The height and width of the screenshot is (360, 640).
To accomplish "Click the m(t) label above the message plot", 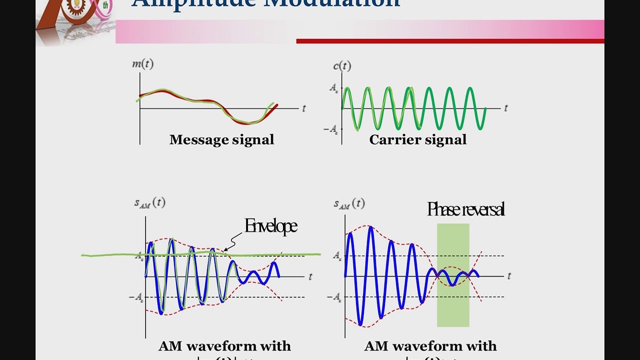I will pos(142,64).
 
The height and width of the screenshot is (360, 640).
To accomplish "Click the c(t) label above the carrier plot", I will pos(342,65).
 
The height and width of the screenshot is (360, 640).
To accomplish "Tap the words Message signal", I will pos(221,139).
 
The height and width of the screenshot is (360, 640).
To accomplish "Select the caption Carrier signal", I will pos(417,139).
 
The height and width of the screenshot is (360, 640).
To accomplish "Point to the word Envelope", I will pos(270,226).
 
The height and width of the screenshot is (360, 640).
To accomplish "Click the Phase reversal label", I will pos(465,209).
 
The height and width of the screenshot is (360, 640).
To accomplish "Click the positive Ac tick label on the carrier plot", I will pos(334,88).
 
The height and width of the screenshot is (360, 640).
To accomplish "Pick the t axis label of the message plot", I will pos(303,108).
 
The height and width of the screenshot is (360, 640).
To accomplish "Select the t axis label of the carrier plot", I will pos(505,108).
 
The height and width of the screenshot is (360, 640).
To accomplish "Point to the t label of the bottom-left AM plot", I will pos(310,276).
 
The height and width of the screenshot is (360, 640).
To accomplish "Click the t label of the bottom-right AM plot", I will pos(509,276).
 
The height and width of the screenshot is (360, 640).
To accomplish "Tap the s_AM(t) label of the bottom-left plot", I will pos(149,202).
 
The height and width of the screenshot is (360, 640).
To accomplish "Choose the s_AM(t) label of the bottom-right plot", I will pos(349,203).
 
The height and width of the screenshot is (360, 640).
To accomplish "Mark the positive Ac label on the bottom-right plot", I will pos(337,255).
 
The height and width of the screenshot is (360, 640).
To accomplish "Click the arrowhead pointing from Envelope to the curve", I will pos(225,249).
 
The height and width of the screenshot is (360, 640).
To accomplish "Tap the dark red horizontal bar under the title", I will pos(450,41).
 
